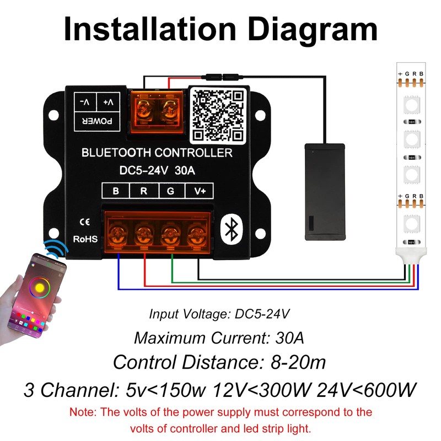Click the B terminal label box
click(x=115, y=192)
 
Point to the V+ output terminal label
click(x=198, y=192)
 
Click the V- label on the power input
click(x=84, y=103)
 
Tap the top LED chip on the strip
click(x=410, y=104)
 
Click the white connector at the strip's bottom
click(x=410, y=255)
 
